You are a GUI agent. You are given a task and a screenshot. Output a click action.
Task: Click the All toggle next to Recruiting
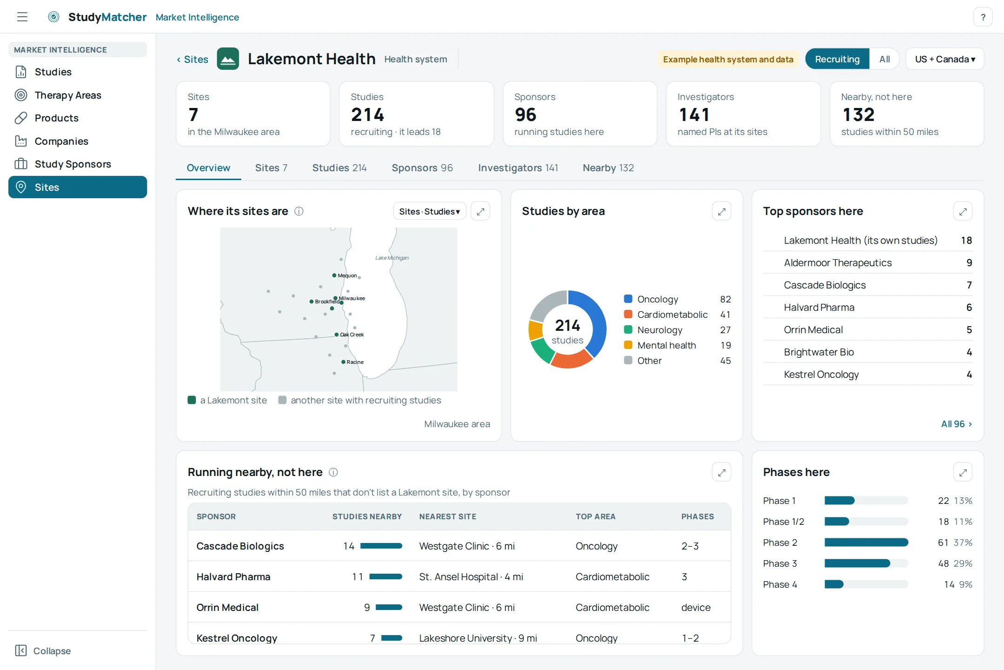(x=884, y=59)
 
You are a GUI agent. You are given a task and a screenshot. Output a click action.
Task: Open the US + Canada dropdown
(x=945, y=59)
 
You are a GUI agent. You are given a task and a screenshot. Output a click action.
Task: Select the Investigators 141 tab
(x=518, y=168)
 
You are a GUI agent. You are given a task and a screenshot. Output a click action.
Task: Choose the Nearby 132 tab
(x=608, y=168)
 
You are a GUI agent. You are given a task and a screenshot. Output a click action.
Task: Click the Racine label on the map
(x=355, y=362)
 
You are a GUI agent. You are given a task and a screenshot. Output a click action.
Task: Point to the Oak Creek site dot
(x=337, y=335)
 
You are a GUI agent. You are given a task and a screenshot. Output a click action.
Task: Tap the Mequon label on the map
(x=347, y=275)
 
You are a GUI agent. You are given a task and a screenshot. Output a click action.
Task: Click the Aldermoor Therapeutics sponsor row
(x=867, y=263)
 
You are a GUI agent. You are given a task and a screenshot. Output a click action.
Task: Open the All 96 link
(x=956, y=424)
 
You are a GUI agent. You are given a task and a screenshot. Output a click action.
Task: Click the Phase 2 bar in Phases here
(x=866, y=543)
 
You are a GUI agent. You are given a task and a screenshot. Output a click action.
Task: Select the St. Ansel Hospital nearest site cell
(x=471, y=577)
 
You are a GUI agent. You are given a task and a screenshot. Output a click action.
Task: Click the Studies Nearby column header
(x=367, y=516)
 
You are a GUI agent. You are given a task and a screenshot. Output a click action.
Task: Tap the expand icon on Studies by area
(x=721, y=212)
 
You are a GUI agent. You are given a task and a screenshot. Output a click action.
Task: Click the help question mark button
(x=983, y=17)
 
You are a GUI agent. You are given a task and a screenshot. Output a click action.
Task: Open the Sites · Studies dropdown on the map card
(x=429, y=212)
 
